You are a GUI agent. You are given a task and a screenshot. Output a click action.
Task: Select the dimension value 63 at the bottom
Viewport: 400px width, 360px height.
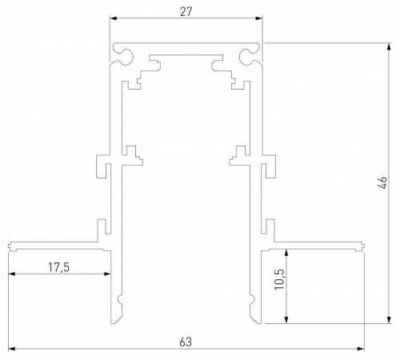tap(186, 342)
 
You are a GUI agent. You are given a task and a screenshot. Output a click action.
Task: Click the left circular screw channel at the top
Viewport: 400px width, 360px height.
tap(125, 54)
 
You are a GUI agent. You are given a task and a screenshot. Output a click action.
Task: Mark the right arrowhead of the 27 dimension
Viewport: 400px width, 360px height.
tap(260, 17)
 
